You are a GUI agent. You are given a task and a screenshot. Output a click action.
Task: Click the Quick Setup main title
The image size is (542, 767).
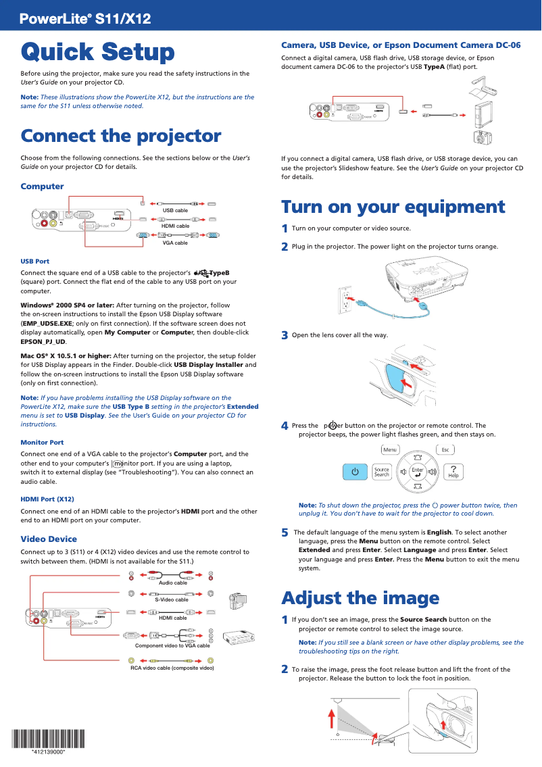[97, 52]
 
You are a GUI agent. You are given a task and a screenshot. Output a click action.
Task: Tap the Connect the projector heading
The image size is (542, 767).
[121, 136]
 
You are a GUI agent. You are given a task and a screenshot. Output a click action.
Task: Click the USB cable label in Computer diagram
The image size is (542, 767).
[175, 211]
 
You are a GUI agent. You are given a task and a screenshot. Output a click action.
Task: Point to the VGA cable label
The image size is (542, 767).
[175, 242]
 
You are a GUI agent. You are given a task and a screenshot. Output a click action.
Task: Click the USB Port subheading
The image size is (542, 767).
[35, 261]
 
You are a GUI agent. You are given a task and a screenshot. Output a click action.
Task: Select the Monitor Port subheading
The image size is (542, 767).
[42, 442]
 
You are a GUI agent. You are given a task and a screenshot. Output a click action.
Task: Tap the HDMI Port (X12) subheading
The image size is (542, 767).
[47, 499]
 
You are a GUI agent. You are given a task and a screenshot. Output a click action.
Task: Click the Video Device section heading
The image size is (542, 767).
[49, 539]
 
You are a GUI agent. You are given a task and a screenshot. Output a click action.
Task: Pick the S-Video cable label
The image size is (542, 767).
[172, 599]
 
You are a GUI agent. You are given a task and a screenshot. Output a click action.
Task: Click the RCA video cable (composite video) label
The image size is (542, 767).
[172, 668]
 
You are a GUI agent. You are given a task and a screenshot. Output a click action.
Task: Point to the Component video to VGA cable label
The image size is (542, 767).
[172, 645]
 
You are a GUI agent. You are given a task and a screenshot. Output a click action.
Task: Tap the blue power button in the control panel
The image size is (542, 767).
[355, 471]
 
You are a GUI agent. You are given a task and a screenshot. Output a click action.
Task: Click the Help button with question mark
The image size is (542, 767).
[453, 471]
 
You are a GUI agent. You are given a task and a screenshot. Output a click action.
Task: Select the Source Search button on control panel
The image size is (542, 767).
[382, 472]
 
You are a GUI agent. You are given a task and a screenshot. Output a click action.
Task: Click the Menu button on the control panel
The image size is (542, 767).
[390, 449]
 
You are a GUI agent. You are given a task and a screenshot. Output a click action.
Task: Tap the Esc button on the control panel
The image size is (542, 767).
[445, 449]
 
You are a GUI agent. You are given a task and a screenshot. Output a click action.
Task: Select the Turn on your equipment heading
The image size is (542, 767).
[393, 206]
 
